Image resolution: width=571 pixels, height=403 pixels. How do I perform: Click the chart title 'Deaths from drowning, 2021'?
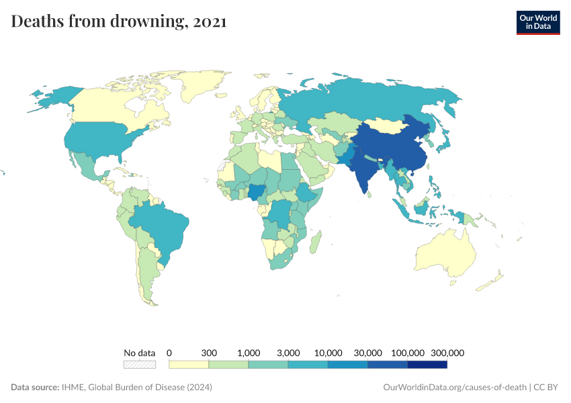119,21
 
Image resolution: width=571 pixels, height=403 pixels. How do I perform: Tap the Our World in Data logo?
537,22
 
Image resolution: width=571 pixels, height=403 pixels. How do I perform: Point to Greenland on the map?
202,84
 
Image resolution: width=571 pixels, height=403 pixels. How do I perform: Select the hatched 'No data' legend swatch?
139,364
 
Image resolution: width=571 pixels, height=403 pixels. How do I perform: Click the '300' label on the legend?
209,353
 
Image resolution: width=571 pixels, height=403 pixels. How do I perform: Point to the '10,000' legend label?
328,353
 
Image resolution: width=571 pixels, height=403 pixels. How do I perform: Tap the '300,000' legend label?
447,353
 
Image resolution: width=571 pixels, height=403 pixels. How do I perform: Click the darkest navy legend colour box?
427,364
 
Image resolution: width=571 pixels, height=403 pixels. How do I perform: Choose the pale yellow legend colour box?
189,364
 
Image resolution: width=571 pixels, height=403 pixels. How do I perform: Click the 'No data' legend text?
139,353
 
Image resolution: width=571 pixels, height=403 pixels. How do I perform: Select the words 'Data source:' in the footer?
35,388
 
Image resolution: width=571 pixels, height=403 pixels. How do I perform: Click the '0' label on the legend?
169,353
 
